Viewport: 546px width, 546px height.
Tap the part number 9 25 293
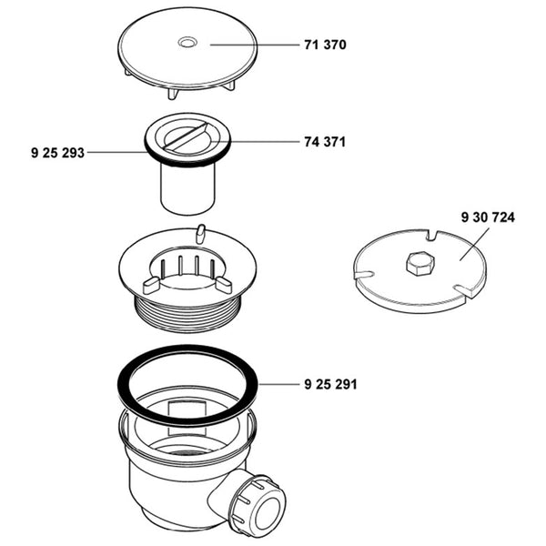pyautogui.click(x=57, y=153)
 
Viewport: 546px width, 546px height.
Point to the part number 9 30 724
pyautogui.click(x=488, y=217)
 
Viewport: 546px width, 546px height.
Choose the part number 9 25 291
pyautogui.click(x=329, y=384)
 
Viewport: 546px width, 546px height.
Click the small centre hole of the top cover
pyautogui.click(x=187, y=42)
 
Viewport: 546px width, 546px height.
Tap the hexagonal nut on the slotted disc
pyautogui.click(x=420, y=264)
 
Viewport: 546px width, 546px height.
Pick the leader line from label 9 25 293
pyautogui.click(x=118, y=153)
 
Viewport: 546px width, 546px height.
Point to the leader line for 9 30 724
pyautogui.click(x=475, y=244)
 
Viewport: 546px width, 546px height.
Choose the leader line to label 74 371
pyautogui.click(x=264, y=142)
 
